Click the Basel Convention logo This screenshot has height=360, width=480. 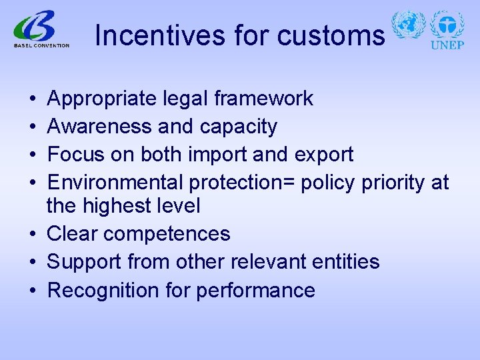coord(41,31)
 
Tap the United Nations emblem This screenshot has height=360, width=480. coord(408,26)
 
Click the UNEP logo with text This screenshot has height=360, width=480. coord(447,30)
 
